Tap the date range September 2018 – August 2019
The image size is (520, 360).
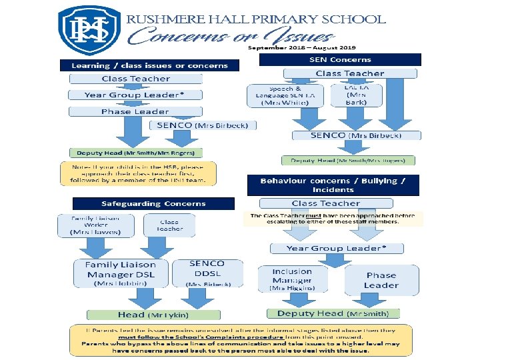click(x=302, y=48)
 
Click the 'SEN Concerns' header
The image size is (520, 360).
click(x=340, y=60)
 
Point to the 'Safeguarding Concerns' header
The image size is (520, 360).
click(x=153, y=203)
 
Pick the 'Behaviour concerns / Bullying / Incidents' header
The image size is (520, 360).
click(x=333, y=185)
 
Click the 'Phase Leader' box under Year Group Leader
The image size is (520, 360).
click(x=135, y=111)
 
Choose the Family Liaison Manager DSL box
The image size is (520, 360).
click(x=121, y=273)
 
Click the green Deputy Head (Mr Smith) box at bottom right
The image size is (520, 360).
click(x=333, y=313)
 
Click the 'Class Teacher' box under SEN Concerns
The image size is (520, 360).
click(x=350, y=73)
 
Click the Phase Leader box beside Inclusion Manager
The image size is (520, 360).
click(x=382, y=280)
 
